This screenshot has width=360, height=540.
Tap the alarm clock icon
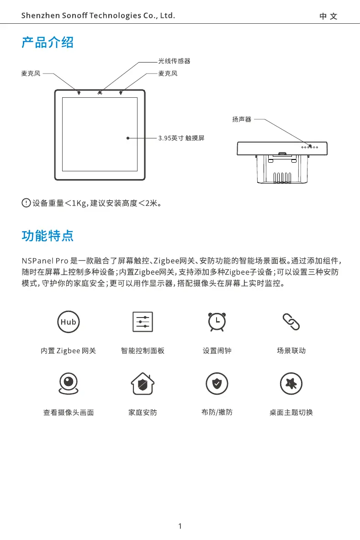click(x=217, y=322)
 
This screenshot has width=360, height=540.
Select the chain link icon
click(x=291, y=322)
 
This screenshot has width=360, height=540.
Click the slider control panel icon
click(x=143, y=322)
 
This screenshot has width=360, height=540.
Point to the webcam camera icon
click(x=69, y=383)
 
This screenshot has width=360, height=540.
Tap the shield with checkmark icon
click(x=217, y=383)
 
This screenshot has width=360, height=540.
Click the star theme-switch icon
click(x=291, y=383)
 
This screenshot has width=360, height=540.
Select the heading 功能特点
click(x=48, y=236)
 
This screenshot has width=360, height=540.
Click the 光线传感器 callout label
click(x=174, y=61)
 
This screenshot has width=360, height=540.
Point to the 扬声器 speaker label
click(x=242, y=120)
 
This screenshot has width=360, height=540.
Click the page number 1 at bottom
click(x=180, y=526)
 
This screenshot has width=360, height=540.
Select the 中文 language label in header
click(x=328, y=16)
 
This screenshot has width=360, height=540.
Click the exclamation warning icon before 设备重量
click(x=26, y=202)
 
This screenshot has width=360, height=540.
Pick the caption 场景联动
click(x=291, y=351)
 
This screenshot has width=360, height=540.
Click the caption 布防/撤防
click(x=217, y=412)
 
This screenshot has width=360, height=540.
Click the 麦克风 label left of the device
click(x=31, y=73)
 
